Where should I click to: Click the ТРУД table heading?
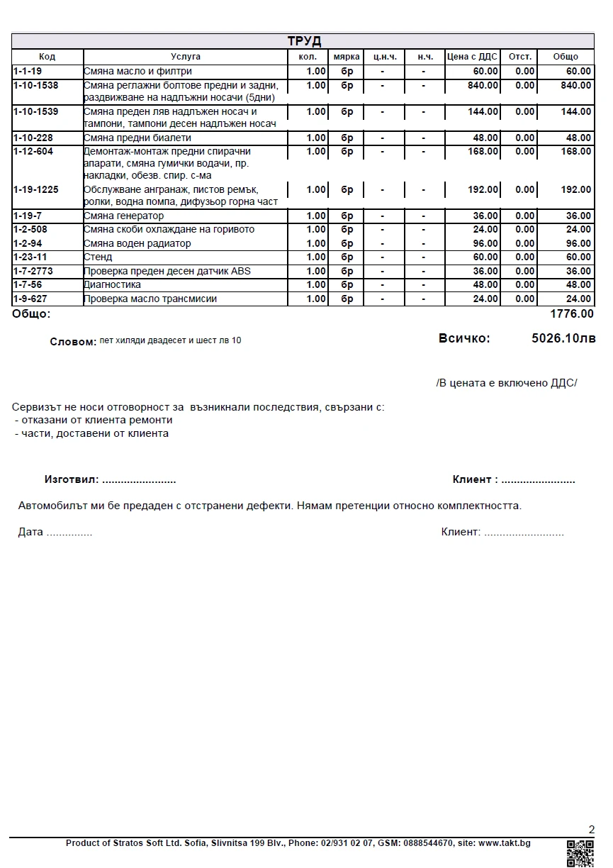point(303,41)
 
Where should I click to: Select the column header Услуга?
point(186,57)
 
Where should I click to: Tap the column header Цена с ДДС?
point(472,57)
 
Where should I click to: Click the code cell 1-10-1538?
point(35,86)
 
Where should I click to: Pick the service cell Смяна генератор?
point(123,216)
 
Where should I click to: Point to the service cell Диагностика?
point(112,285)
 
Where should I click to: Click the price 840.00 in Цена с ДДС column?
point(483,86)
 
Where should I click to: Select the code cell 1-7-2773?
point(33,272)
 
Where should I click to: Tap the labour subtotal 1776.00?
point(571,314)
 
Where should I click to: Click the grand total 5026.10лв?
point(563,339)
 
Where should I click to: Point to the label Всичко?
point(464,339)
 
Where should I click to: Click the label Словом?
point(73,342)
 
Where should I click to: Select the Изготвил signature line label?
point(72,480)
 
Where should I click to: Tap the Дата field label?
point(30,533)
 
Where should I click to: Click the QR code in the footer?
point(580,853)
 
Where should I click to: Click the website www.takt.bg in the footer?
point(504,844)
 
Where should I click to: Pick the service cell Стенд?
point(98,257)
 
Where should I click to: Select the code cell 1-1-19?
point(28,72)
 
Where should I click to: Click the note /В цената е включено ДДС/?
point(507,383)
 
